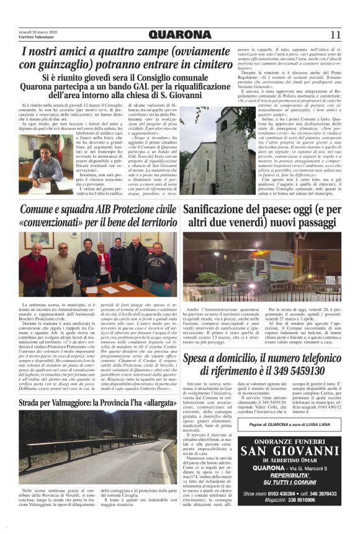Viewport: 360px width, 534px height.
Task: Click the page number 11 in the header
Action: [x=336, y=34]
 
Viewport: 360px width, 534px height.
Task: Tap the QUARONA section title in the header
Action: [x=180, y=34]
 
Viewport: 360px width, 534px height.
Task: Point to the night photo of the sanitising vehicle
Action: [x=264, y=268]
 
